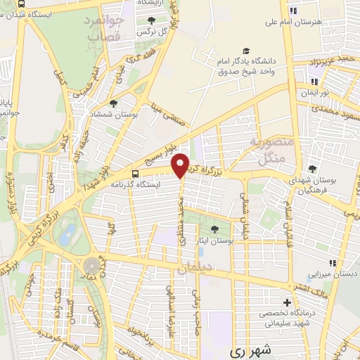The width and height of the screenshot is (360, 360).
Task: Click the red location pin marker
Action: tap(181, 165)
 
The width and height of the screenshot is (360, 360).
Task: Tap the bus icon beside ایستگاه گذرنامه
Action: tap(134, 174)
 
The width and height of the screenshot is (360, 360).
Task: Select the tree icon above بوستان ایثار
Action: tap(215, 229)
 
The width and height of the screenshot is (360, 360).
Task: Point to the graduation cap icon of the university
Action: tap(246, 51)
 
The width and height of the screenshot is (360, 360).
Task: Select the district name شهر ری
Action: tap(250, 349)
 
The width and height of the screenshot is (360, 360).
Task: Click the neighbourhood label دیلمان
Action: tap(195, 268)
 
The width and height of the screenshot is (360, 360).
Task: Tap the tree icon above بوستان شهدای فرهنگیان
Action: tap(312, 169)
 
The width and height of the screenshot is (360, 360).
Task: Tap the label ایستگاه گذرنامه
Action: tap(135, 184)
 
